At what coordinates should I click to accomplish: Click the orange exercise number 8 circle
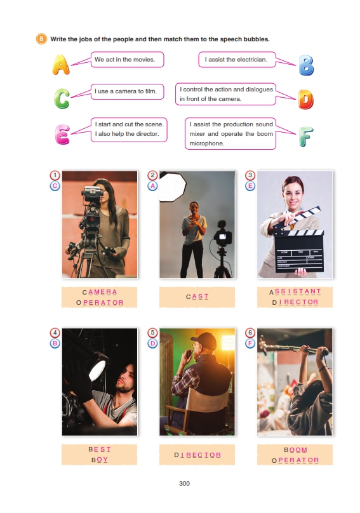[x=41, y=39]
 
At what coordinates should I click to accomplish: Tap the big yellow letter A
[x=61, y=65]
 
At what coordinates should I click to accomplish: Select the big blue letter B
[x=306, y=65]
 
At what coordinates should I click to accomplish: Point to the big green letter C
[x=62, y=98]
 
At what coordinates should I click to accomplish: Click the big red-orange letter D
[x=305, y=100]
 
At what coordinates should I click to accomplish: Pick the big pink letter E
[x=62, y=135]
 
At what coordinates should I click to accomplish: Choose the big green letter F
[x=305, y=137]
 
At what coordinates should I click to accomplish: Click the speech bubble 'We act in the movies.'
[x=128, y=60]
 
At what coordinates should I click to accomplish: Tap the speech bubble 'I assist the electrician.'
[x=237, y=60]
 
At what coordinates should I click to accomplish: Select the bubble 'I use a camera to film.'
[x=128, y=91]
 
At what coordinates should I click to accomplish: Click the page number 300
[x=184, y=483]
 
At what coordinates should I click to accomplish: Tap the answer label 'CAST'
[x=197, y=296]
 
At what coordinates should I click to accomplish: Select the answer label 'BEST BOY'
[x=100, y=455]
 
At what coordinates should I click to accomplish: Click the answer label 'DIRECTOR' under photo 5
[x=197, y=455]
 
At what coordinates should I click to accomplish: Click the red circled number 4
[x=55, y=333]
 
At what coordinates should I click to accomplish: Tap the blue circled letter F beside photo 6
[x=250, y=343]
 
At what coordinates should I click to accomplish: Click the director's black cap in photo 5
[x=204, y=340]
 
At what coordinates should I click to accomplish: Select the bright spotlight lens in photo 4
[x=98, y=370]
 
